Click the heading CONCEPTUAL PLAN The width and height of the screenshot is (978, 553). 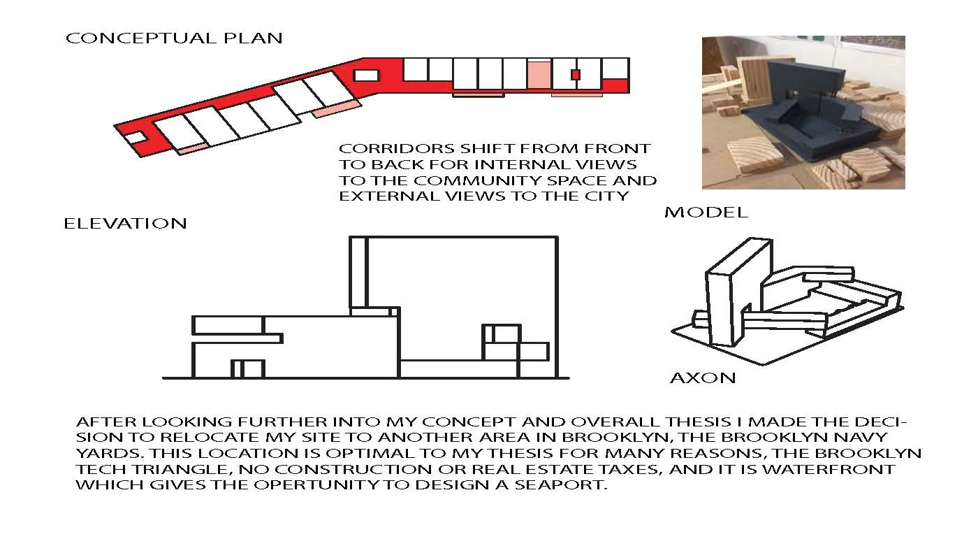coord(174,38)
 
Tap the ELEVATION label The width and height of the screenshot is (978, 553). coord(125,224)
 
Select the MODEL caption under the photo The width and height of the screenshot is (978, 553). coord(706,213)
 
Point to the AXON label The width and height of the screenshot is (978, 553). coord(703,378)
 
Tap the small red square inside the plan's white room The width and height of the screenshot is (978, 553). coord(576,75)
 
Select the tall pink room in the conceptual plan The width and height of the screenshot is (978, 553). coord(539,75)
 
